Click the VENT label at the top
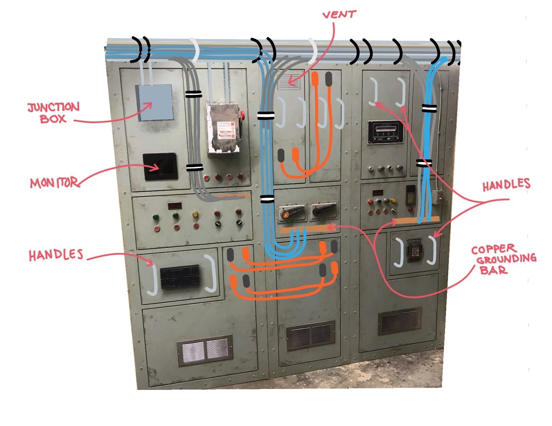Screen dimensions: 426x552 pos(339,15)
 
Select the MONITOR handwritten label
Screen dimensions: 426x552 pos(54,183)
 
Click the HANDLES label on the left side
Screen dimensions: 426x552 pos(56,255)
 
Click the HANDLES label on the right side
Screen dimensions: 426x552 pos(506,185)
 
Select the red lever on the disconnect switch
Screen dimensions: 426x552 pos(243,116)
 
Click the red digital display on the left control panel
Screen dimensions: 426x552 pos(174,206)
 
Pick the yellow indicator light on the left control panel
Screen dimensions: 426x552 pos(195,215)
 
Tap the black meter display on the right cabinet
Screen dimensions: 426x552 pos(385,132)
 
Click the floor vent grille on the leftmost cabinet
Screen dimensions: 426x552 pos(204,350)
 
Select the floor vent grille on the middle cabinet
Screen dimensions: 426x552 pos(310,335)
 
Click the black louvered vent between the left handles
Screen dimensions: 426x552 pos(180,277)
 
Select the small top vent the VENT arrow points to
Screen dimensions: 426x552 pos(289,82)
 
